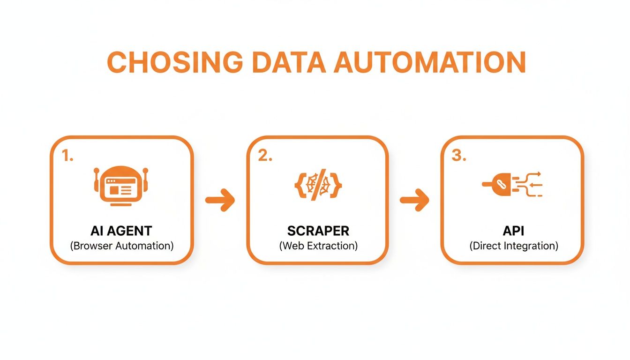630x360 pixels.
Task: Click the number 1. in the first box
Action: click(x=68, y=157)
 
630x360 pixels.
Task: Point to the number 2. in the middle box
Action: click(x=265, y=157)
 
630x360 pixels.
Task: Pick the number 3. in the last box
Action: click(x=459, y=157)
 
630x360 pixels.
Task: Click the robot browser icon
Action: click(x=121, y=186)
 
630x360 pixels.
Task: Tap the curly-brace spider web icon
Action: click(x=318, y=185)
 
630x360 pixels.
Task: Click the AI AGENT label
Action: click(x=121, y=231)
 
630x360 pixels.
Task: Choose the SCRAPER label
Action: click(x=318, y=231)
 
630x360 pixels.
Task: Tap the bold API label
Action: click(x=514, y=231)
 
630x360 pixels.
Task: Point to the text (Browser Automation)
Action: click(x=121, y=246)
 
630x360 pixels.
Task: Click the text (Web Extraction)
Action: click(x=318, y=246)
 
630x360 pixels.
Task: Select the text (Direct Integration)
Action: click(x=514, y=246)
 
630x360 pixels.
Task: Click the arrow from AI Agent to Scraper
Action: click(x=220, y=200)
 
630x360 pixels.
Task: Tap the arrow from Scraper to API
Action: click(x=414, y=200)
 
